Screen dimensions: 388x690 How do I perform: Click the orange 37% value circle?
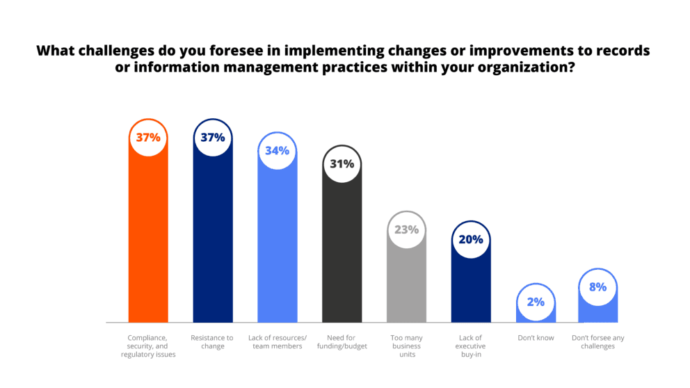pos(148,138)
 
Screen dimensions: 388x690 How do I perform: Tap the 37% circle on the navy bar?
pos(212,138)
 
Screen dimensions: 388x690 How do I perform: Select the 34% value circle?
pos(278,151)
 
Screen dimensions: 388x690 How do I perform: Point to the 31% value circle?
pos(342,165)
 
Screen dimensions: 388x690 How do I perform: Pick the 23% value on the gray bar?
pos(407,229)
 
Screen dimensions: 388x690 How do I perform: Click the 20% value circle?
pos(471,240)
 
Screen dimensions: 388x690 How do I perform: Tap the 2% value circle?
pos(536,302)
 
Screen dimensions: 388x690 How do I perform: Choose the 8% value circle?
pos(598,287)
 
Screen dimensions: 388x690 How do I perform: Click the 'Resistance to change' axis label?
pos(212,341)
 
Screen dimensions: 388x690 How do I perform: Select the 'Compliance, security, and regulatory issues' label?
pos(148,346)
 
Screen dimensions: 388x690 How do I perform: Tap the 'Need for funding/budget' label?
pos(342,341)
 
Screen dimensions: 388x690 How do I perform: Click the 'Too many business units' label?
pos(407,346)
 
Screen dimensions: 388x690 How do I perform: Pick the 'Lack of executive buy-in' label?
pos(471,346)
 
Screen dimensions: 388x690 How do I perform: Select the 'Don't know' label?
pos(536,337)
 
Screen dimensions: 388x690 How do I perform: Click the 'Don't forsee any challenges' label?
pos(598,341)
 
